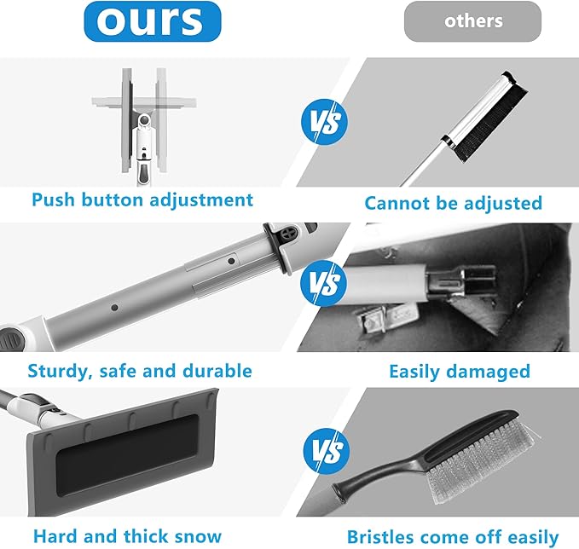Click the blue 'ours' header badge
pyautogui.click(x=152, y=21)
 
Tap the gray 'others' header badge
pyautogui.click(x=472, y=21)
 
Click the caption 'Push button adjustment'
pyautogui.click(x=142, y=200)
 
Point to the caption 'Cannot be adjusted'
pyautogui.click(x=453, y=203)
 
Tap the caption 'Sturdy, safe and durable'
pyautogui.click(x=140, y=371)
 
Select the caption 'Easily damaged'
pyautogui.click(x=460, y=372)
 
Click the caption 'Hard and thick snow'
pyautogui.click(x=127, y=536)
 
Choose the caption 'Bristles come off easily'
pyautogui.click(x=452, y=536)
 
